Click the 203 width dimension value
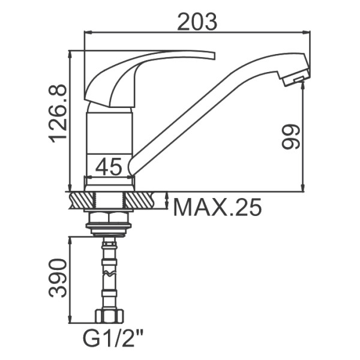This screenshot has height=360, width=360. [197, 22]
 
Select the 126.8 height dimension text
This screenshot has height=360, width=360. [58, 113]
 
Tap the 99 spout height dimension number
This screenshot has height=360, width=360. [290, 137]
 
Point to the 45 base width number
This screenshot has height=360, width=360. [109, 166]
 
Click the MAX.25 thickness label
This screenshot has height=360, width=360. [217, 207]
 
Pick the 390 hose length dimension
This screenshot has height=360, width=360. [58, 278]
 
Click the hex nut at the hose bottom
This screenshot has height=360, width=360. [109, 316]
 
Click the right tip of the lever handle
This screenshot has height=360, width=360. [214, 56]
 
